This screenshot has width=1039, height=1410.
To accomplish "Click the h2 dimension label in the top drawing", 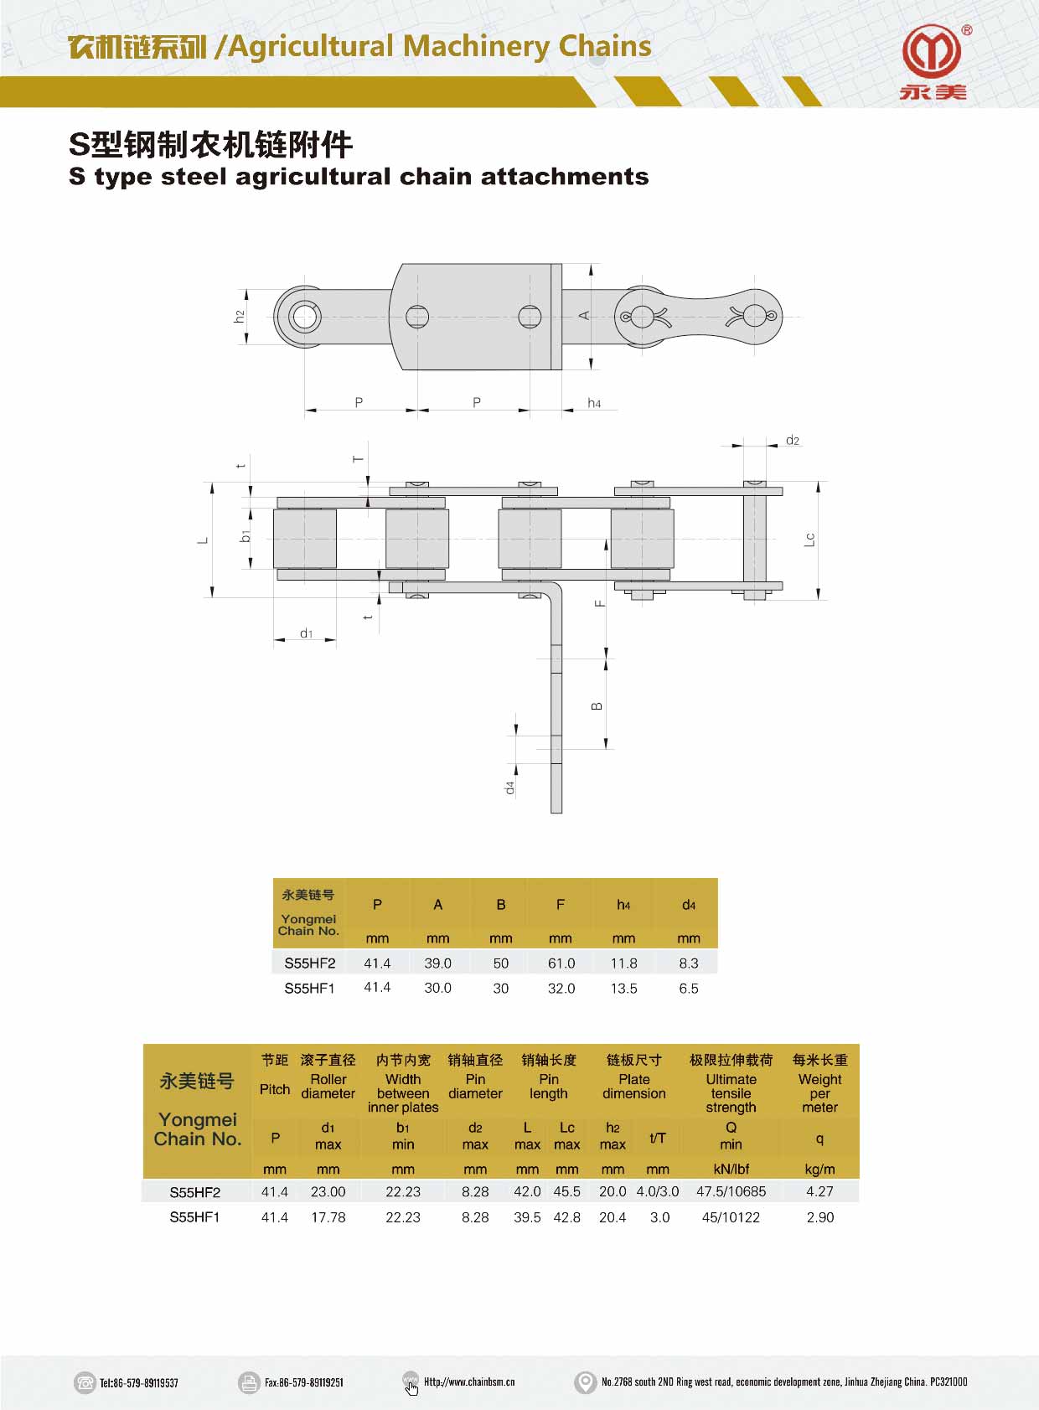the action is pos(240,317).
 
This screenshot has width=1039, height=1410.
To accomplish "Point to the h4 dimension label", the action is pos(594,403).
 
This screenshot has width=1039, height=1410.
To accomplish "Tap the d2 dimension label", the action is pos(792,440).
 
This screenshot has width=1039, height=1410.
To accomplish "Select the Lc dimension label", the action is pos(809,540).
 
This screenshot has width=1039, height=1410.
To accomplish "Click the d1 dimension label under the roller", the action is pos(306,633).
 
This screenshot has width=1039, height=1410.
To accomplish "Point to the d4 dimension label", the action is pos(510,788).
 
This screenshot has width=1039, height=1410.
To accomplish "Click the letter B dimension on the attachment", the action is pos(597,706).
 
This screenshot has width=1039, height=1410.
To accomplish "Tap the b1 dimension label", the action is pos(246,535).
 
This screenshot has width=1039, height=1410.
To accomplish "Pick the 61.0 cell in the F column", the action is pos(561,963).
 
